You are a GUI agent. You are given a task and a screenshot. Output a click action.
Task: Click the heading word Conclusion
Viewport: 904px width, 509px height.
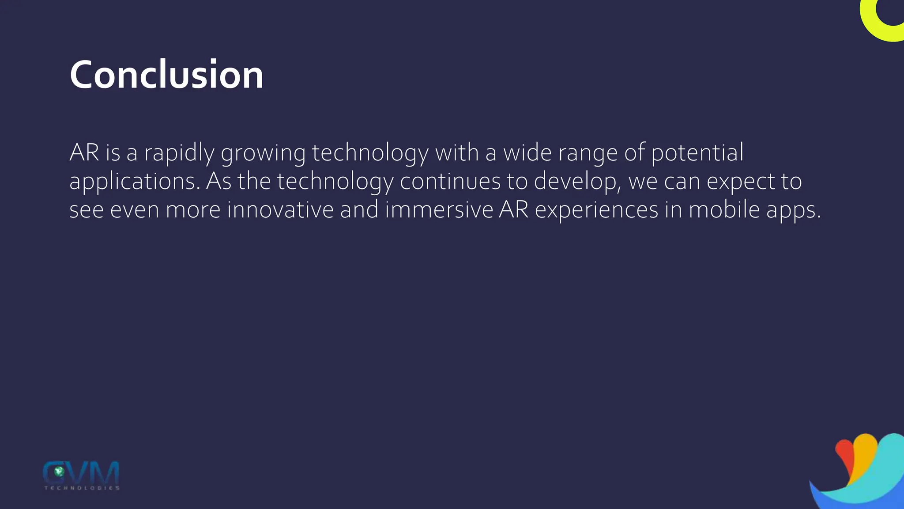pyautogui.click(x=166, y=75)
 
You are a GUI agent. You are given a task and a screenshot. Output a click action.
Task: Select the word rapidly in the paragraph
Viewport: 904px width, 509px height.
pyautogui.click(x=179, y=153)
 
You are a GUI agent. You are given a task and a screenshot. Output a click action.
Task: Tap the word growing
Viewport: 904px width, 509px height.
pyautogui.click(x=263, y=153)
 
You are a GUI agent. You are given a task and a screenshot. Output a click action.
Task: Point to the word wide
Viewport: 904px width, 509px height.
pyautogui.click(x=527, y=152)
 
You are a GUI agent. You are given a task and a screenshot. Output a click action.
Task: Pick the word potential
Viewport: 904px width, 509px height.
pyautogui.click(x=697, y=153)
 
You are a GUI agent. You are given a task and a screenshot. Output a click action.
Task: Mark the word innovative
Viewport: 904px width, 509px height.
pyautogui.click(x=280, y=209)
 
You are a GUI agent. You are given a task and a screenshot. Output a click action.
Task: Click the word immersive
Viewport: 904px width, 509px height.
pyautogui.click(x=439, y=209)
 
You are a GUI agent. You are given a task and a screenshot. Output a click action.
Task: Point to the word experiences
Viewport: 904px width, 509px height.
pyautogui.click(x=596, y=210)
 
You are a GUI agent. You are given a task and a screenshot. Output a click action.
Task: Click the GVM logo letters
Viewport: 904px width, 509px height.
pyautogui.click(x=81, y=472)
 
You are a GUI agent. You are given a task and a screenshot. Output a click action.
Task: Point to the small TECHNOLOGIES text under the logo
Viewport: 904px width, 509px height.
pyautogui.click(x=82, y=488)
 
